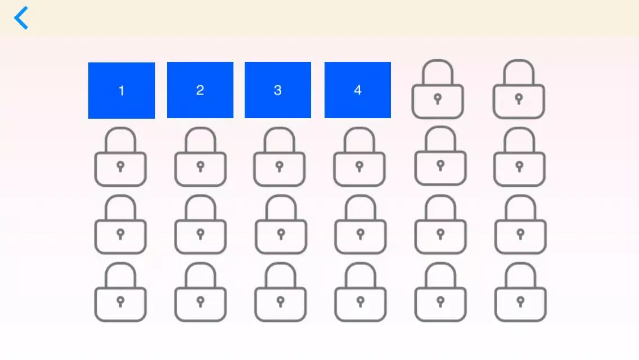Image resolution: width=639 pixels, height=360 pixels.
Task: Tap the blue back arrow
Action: click(x=20, y=18)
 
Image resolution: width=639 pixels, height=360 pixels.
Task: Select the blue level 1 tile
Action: click(x=121, y=91)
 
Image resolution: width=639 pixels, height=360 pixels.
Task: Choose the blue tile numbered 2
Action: click(x=200, y=90)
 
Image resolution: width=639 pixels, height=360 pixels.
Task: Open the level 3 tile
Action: click(x=277, y=90)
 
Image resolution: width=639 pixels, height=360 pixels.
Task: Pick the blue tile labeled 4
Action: click(x=357, y=90)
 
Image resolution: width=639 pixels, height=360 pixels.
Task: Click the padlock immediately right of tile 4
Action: click(x=438, y=89)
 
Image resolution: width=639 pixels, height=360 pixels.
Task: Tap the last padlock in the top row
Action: click(x=519, y=89)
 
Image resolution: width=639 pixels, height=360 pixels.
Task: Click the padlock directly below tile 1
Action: click(x=120, y=156)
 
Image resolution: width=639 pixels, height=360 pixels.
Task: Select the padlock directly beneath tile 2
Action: click(x=200, y=156)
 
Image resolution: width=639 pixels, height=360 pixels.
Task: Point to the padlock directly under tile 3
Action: click(x=280, y=156)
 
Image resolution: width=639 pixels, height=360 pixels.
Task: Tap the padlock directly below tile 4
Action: click(x=359, y=156)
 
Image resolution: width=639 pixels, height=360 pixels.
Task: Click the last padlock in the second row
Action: click(x=519, y=156)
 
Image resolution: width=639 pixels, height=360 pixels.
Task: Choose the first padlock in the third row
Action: click(x=120, y=224)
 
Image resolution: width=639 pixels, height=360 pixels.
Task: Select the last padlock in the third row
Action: click(x=520, y=224)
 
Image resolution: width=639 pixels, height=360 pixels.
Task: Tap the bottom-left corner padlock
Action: click(x=120, y=292)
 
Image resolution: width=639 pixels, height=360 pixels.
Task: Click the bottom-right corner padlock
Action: click(x=520, y=292)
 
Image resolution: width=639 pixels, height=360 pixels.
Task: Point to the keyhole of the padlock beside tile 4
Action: click(x=438, y=98)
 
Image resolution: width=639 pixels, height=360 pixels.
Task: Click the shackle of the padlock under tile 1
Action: click(x=120, y=129)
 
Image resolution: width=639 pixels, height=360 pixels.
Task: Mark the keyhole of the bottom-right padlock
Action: click(x=520, y=301)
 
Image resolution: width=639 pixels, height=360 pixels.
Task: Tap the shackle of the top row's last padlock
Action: click(x=519, y=61)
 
